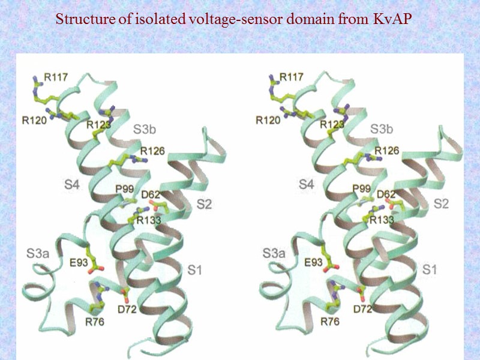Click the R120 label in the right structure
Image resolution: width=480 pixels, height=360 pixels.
point(268,120)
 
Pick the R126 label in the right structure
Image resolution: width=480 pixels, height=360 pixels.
point(386,150)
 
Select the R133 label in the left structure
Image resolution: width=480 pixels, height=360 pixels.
point(148,221)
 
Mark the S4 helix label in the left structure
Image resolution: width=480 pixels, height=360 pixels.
point(71,185)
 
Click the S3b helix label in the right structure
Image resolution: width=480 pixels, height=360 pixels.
point(381,129)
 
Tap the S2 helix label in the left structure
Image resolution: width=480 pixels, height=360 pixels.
point(205,204)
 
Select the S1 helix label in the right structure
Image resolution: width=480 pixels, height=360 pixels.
point(430,270)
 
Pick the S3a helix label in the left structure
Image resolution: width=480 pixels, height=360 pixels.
point(37,254)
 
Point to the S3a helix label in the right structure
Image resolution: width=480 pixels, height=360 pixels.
point(274,254)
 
